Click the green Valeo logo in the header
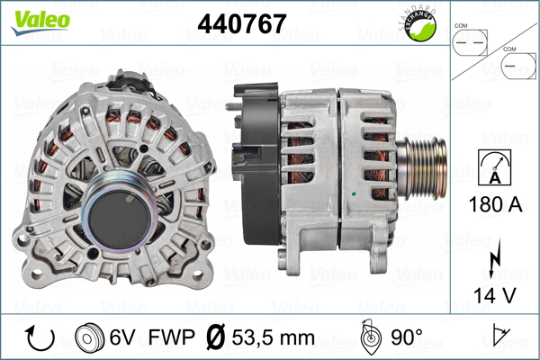(x=40, y=22)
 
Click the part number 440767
(x=242, y=23)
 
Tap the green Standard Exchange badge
(x=419, y=25)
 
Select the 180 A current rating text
(x=495, y=204)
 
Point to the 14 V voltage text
(x=495, y=295)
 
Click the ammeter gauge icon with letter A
(x=494, y=167)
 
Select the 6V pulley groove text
(x=122, y=337)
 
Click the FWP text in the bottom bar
(x=171, y=337)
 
